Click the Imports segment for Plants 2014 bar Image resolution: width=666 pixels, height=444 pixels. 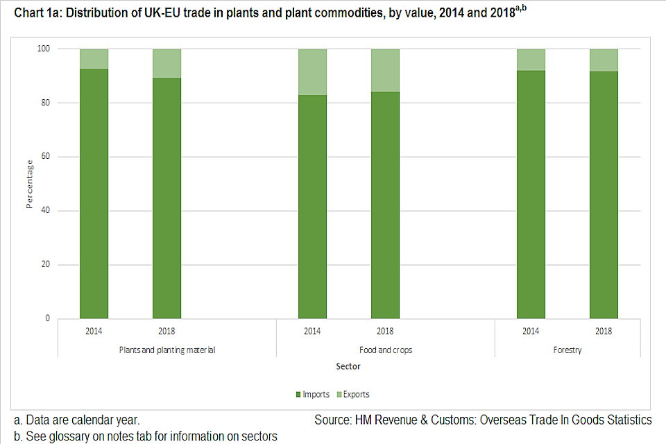pos(94,194)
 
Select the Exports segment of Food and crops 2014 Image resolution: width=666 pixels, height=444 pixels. pos(312,72)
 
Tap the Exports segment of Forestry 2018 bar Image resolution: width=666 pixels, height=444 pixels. pos(604,60)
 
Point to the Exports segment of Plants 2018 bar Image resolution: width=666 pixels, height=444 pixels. pos(166,63)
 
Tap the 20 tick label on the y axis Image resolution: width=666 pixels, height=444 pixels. pos(46,265)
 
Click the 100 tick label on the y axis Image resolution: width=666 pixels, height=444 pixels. pos(44,49)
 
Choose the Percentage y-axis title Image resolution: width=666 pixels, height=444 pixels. pos(30,184)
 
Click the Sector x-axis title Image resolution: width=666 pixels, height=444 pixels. pos(349,366)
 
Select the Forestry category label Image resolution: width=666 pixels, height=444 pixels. pos(567,350)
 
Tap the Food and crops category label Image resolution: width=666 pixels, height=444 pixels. pos(385,350)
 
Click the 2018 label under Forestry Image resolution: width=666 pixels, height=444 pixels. pos(604,331)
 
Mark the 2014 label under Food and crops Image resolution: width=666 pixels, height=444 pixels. pos(312,331)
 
